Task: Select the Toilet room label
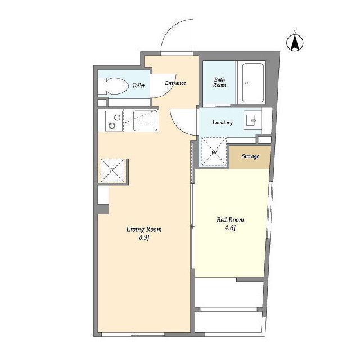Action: point(138,85)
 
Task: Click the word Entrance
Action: point(175,83)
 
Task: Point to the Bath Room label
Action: point(219,83)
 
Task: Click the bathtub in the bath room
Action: point(253,83)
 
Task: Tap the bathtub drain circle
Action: point(246,83)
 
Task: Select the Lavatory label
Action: point(223,123)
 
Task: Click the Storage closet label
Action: point(250,156)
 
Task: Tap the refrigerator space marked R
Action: point(112,170)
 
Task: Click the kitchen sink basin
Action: point(145,121)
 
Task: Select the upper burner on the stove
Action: point(118,118)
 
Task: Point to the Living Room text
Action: point(144,229)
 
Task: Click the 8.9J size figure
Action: point(144,237)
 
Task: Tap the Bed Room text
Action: point(230,220)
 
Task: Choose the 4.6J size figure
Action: point(230,228)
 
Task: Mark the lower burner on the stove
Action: point(112,125)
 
